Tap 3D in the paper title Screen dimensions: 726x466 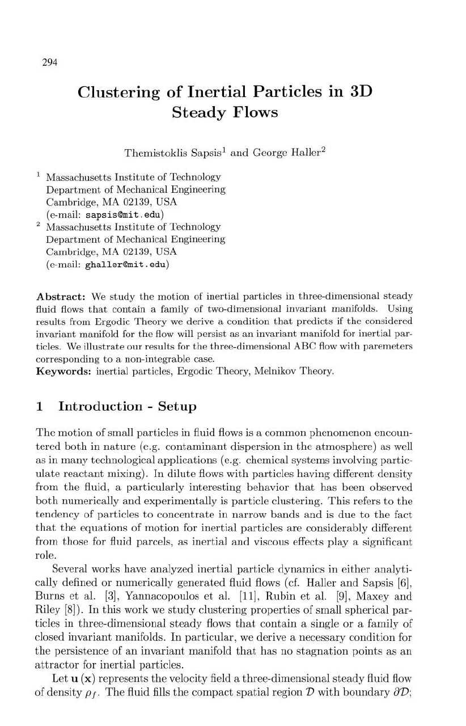[359, 92]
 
